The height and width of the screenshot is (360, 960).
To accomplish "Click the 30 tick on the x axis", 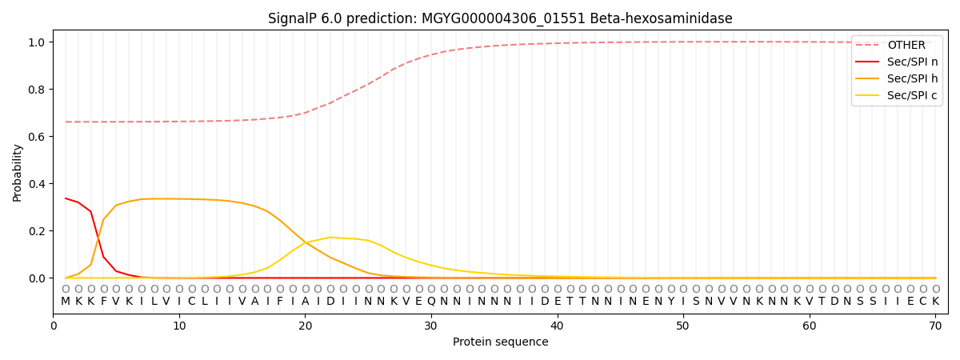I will click(x=431, y=326).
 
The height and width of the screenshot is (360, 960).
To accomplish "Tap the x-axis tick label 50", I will click(x=682, y=326).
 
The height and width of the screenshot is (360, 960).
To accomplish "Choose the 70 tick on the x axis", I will click(x=935, y=326).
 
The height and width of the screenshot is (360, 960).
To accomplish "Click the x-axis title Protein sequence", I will click(x=500, y=342).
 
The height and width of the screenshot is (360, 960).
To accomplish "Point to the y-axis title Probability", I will click(x=18, y=172).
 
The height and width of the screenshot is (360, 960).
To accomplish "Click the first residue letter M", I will click(x=66, y=302).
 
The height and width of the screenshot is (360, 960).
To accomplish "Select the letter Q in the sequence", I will click(x=431, y=302).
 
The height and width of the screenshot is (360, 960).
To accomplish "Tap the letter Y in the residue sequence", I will click(x=670, y=302).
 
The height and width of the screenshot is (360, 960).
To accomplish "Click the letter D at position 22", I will click(x=330, y=302).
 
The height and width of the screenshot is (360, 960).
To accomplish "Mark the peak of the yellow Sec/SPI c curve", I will click(x=330, y=237).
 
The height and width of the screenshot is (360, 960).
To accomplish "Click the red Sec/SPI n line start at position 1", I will click(x=66, y=198).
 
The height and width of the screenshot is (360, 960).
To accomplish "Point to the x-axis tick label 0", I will click(x=54, y=326).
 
